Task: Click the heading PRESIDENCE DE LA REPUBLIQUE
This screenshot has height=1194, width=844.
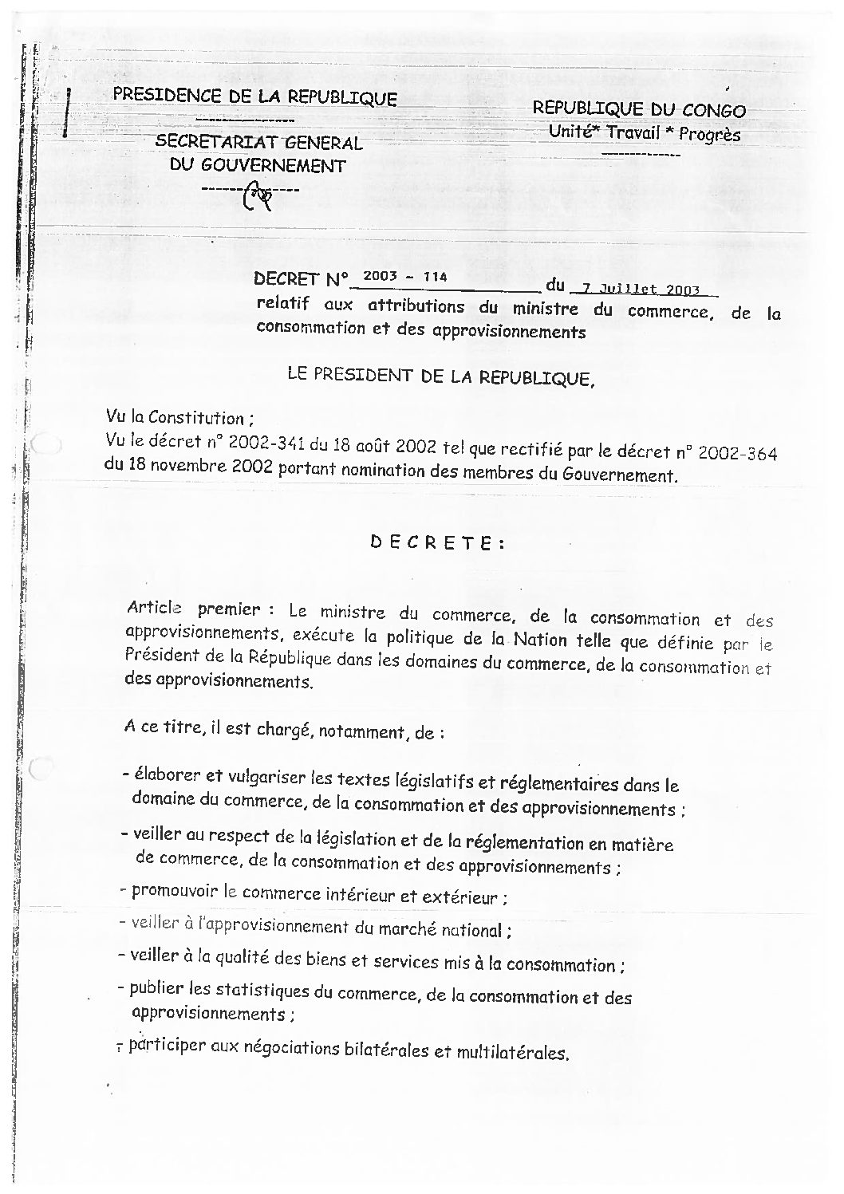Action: (x=254, y=97)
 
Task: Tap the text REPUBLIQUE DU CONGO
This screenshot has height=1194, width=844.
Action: (x=639, y=110)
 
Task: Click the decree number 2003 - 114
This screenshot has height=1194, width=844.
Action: (x=402, y=277)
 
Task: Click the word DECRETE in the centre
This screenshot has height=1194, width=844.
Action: (x=437, y=542)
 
